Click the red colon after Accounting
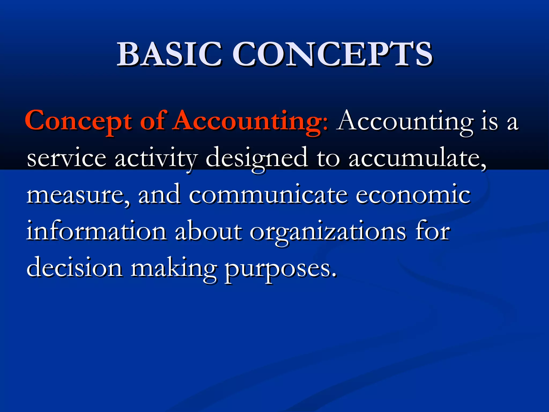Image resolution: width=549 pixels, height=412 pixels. tap(325, 125)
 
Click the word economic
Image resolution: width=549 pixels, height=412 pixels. tap(413, 195)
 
